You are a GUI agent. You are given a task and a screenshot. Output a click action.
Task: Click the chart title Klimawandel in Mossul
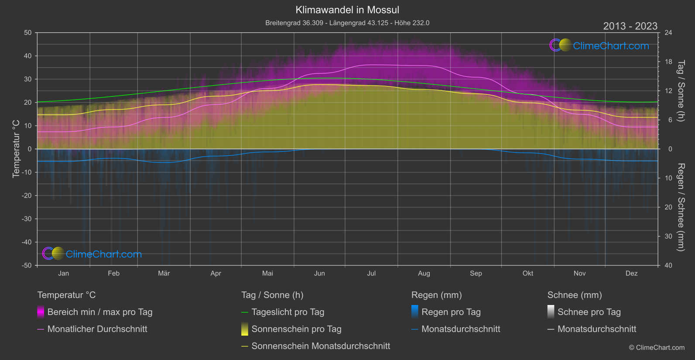point(347,10)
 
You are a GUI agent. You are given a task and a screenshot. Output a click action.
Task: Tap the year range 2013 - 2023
point(630,26)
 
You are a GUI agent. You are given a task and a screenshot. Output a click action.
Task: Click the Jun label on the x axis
point(319,273)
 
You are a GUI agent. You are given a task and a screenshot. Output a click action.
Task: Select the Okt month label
point(528,273)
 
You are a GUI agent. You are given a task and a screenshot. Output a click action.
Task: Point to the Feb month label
point(113,273)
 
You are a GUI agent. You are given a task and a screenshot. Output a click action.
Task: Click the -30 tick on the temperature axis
point(27,219)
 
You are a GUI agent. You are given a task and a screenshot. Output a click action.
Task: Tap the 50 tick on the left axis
point(28,33)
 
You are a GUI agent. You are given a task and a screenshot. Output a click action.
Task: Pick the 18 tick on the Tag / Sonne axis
point(668,62)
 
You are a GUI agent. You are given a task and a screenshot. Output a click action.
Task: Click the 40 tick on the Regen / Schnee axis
point(668,265)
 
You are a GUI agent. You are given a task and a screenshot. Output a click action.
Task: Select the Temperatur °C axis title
point(16,149)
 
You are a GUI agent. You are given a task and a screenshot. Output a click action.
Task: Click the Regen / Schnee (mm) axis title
point(681,207)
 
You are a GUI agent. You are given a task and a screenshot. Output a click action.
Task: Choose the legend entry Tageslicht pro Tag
point(288,312)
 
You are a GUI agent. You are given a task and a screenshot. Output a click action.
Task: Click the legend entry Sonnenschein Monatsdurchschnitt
point(321,346)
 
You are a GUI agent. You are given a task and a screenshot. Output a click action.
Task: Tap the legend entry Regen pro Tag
point(451,312)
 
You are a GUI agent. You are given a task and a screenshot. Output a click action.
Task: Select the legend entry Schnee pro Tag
point(589,312)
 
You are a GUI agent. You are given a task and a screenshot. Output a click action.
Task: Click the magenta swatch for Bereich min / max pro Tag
point(41,312)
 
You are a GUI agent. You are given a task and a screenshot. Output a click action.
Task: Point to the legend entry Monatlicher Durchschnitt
point(97,329)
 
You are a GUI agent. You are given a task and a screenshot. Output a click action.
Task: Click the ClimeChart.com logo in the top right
point(599,45)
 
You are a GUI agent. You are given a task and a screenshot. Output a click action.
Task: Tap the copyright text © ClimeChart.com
point(657,348)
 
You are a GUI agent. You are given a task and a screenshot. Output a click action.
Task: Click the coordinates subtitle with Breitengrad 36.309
point(347,23)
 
